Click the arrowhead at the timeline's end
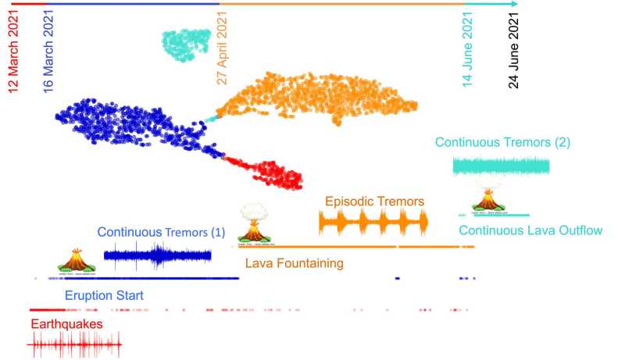coord(513,4)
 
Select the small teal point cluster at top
coord(186,44)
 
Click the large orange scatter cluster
coord(320,100)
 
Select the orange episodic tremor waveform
coord(373,224)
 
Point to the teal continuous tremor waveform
coord(501,166)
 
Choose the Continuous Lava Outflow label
coord(530,230)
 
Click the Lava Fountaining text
coord(294,263)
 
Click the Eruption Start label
coord(104,296)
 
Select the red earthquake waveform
coord(75,343)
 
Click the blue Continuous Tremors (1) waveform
coord(158,255)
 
